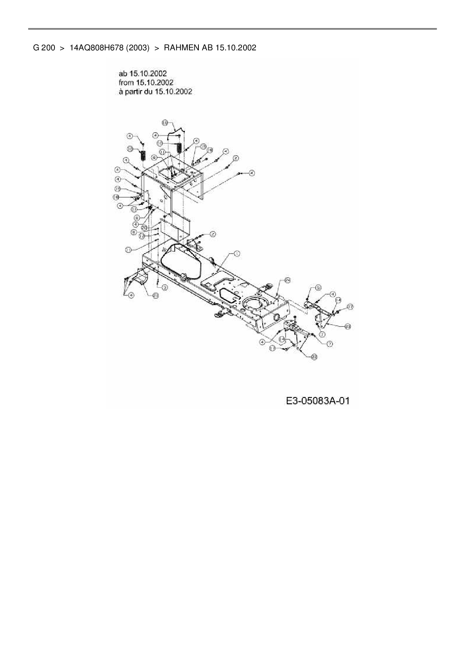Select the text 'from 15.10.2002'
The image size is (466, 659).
[x=146, y=82]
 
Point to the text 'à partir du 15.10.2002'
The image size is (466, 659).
[x=155, y=91]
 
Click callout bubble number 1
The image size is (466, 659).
[x=237, y=254]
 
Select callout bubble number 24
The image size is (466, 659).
[x=287, y=280]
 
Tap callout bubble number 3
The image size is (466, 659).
[x=165, y=287]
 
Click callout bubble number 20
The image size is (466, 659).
[x=144, y=228]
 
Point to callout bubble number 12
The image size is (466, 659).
[x=142, y=236]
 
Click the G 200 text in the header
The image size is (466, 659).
[x=44, y=48]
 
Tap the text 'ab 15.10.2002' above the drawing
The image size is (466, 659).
[x=142, y=73]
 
